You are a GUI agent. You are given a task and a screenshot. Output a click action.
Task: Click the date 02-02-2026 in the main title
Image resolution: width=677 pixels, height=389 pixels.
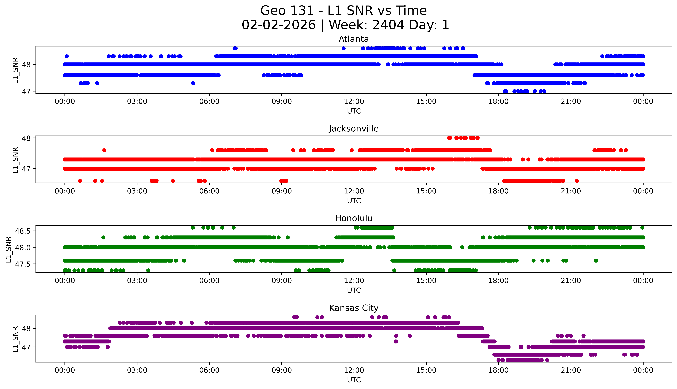(x=279, y=25)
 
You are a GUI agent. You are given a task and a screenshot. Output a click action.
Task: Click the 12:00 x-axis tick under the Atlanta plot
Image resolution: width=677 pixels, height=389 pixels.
(x=354, y=102)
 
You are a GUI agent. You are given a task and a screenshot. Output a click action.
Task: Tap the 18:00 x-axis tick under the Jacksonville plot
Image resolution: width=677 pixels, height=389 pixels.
(x=499, y=191)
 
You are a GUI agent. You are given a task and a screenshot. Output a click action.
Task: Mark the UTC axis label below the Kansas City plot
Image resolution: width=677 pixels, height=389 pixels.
(x=354, y=380)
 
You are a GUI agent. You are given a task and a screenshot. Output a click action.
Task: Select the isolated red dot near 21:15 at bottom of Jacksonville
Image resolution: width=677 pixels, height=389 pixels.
(x=577, y=181)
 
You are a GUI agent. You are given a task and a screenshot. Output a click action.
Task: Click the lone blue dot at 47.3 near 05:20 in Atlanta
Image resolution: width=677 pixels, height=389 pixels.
(x=193, y=83)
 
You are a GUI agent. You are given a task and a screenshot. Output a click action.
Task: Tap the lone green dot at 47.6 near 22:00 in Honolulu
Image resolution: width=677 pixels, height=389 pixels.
(x=596, y=260)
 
